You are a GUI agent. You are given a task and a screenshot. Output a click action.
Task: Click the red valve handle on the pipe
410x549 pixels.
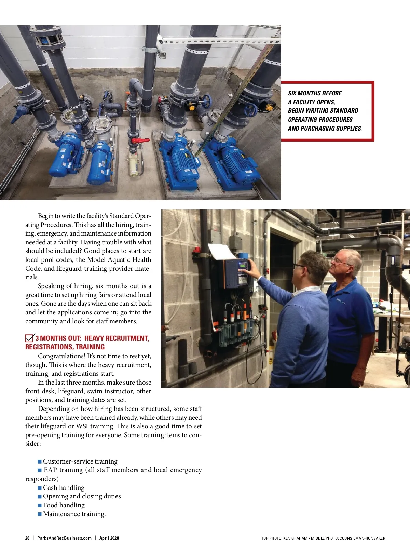(x=140, y=140)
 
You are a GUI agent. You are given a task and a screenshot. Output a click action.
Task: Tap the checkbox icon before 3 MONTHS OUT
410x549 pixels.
(x=30, y=338)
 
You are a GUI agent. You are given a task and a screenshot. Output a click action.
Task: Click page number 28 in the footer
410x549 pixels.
(x=27, y=538)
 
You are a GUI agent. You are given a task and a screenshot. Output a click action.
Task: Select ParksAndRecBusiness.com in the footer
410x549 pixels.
(x=64, y=538)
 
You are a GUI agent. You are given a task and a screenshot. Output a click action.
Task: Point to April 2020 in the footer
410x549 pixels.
(x=109, y=538)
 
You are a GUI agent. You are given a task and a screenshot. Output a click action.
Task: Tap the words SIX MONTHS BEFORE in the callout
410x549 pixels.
(x=315, y=93)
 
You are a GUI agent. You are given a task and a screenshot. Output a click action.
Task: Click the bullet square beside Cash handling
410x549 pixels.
(x=40, y=488)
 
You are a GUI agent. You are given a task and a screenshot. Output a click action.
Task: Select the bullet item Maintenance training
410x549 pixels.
(x=74, y=514)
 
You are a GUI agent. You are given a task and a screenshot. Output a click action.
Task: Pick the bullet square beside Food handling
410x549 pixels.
(x=40, y=505)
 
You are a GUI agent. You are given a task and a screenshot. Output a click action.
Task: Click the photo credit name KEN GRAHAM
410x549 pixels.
(x=296, y=538)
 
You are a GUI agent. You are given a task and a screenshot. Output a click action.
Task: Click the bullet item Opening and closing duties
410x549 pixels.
(x=82, y=496)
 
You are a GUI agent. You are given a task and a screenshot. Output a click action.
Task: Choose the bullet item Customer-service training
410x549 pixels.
(x=80, y=461)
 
